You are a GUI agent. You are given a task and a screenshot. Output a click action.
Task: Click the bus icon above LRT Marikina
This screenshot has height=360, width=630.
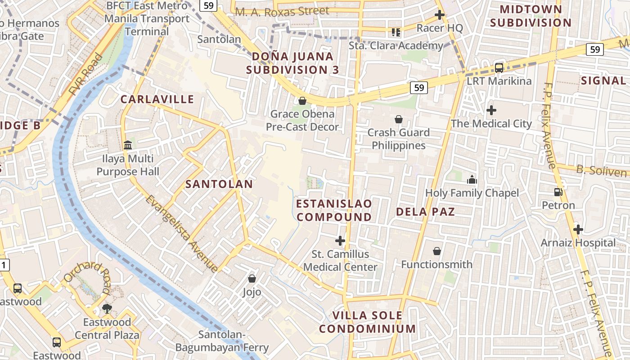click(x=499, y=68)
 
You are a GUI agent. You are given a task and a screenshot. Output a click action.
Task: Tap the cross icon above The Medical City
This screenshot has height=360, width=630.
click(x=491, y=110)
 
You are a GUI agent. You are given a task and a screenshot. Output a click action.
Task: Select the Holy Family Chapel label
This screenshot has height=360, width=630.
click(x=472, y=193)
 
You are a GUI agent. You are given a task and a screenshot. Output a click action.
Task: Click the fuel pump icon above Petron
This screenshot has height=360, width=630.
click(x=558, y=192)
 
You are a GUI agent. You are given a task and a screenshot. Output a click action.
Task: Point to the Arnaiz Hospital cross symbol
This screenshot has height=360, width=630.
click(x=578, y=229)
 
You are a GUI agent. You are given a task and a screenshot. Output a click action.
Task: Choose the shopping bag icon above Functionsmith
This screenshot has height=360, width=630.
click(x=436, y=251)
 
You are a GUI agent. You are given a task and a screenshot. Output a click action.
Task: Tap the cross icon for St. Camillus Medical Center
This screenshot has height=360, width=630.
click(x=340, y=241)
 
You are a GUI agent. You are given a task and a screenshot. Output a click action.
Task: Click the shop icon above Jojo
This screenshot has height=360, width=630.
click(x=252, y=279)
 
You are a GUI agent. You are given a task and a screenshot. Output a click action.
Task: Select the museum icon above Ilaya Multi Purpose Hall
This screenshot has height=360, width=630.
click(x=128, y=145)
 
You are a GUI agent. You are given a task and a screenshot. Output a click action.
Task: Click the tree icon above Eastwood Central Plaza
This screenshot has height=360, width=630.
click(x=107, y=309)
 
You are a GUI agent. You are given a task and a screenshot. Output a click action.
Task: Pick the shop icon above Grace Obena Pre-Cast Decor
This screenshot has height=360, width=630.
click(x=302, y=100)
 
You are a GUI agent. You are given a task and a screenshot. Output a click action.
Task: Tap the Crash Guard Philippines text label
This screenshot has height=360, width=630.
click(x=399, y=139)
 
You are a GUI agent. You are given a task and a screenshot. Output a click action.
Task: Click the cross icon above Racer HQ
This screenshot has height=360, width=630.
click(x=440, y=15)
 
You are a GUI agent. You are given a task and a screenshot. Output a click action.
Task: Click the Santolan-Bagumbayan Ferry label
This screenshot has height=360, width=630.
click(x=222, y=341)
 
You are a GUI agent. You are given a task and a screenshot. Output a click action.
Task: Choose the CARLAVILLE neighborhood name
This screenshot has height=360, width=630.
click(x=157, y=99)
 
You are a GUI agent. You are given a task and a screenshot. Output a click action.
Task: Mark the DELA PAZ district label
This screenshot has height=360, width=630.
click(x=425, y=211)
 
